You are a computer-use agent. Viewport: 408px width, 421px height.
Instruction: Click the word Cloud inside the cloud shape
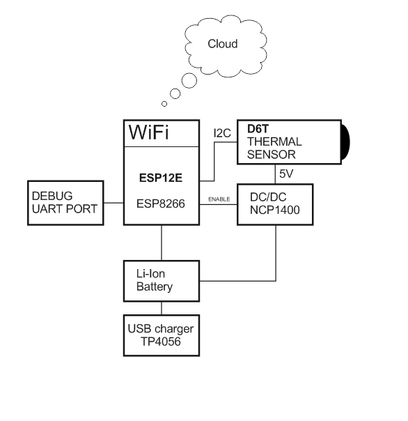pyautogui.click(x=223, y=44)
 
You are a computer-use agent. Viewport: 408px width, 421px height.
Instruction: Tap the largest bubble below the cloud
pyautogui.click(x=189, y=81)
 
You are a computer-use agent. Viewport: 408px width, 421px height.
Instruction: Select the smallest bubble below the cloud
pyautogui.click(x=164, y=104)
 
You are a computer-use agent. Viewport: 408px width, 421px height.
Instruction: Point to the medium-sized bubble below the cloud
pyautogui.click(x=175, y=93)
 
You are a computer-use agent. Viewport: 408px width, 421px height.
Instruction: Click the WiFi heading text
pyautogui.click(x=148, y=132)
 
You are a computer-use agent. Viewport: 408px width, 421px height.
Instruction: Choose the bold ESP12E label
pyautogui.click(x=161, y=178)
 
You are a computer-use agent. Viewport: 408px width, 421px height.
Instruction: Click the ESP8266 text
pyautogui.click(x=161, y=204)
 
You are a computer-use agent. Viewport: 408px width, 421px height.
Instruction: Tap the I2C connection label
pyautogui.click(x=222, y=133)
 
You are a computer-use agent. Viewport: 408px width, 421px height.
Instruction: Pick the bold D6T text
pyautogui.click(x=258, y=129)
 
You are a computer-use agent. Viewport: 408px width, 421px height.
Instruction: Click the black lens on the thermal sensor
pyautogui.click(x=345, y=142)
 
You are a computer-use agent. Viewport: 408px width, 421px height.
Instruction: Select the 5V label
pyautogui.click(x=286, y=174)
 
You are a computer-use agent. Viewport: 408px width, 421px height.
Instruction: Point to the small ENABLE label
pyautogui.click(x=219, y=199)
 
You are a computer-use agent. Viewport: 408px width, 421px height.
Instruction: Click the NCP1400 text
pyautogui.click(x=275, y=210)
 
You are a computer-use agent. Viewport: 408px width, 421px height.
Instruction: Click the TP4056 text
pyautogui.click(x=160, y=342)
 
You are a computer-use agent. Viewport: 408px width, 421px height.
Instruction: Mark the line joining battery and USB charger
pyautogui.click(x=162, y=308)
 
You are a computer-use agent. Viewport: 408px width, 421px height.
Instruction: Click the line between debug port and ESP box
pyautogui.click(x=113, y=203)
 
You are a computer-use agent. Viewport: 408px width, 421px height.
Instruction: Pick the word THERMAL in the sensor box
pyautogui.click(x=274, y=141)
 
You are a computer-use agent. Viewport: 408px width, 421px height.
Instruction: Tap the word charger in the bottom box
pyautogui.click(x=174, y=329)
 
